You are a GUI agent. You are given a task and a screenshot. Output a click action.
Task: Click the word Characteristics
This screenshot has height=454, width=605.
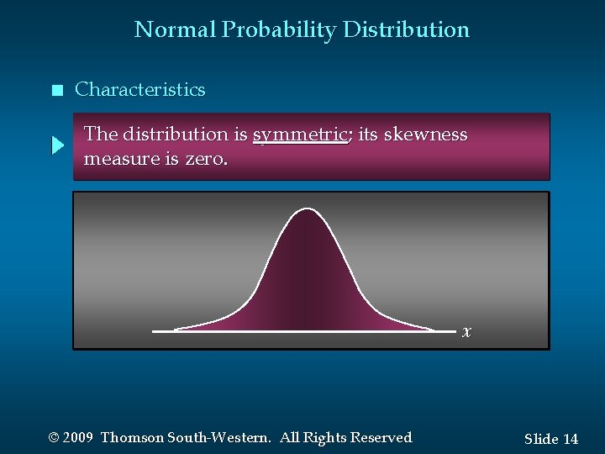click(x=139, y=90)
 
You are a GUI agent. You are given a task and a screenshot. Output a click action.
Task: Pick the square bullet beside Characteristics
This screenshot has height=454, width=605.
click(x=56, y=91)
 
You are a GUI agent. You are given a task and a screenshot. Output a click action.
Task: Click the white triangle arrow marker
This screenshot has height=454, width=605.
click(x=57, y=146)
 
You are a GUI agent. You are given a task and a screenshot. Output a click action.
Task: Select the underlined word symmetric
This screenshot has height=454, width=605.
click(x=300, y=135)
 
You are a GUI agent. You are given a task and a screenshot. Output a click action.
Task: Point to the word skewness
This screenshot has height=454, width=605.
click(x=425, y=135)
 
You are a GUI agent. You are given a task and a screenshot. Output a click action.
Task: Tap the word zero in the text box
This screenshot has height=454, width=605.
click(x=205, y=158)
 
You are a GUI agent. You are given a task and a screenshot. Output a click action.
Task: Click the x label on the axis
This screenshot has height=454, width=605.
click(x=466, y=331)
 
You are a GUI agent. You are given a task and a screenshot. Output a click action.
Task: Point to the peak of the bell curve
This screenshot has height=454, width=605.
click(x=307, y=209)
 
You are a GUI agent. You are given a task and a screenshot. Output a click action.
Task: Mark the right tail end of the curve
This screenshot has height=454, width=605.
click(x=433, y=330)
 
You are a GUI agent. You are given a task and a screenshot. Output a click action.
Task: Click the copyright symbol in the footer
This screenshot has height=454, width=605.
click(x=54, y=438)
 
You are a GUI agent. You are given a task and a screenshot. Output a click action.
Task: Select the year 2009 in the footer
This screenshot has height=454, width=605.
click(x=77, y=438)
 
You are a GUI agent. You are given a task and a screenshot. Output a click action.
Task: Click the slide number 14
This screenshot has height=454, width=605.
click(x=570, y=439)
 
